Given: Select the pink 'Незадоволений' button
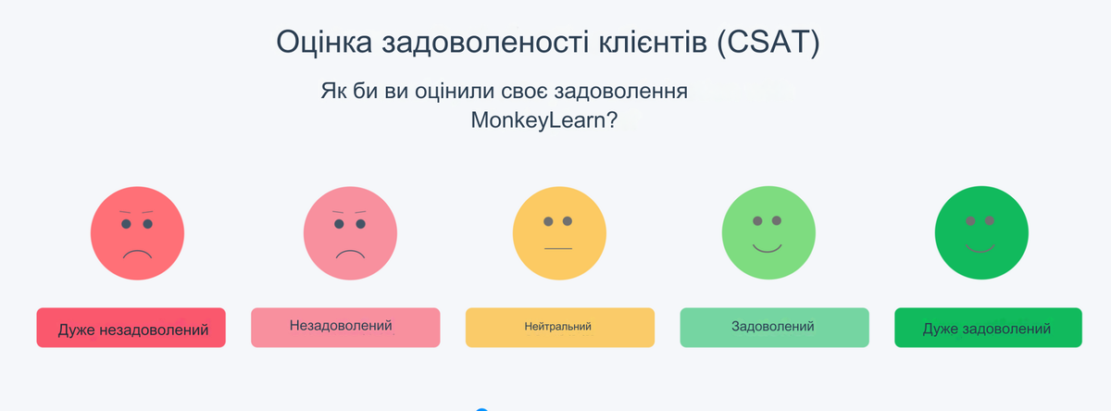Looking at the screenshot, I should click(x=345, y=328).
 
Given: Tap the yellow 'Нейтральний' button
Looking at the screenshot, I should click(x=559, y=328).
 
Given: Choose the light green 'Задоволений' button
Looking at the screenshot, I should click(x=774, y=328).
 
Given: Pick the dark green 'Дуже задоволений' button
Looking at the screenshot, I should click(x=988, y=328).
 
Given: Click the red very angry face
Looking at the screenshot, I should click(x=137, y=232).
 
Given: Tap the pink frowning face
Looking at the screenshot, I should click(x=350, y=233).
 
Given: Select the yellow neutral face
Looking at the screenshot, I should click(x=559, y=232).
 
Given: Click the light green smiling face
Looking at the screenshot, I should click(x=768, y=232).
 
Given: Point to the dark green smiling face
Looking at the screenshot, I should click(x=980, y=232).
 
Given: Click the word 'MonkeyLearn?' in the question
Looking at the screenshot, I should click(x=544, y=120).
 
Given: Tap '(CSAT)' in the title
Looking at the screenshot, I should click(x=768, y=44).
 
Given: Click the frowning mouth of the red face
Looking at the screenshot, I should click(x=137, y=253).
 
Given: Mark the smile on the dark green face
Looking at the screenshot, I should click(x=980, y=248).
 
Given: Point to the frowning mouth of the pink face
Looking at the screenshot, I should click(x=350, y=253).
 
